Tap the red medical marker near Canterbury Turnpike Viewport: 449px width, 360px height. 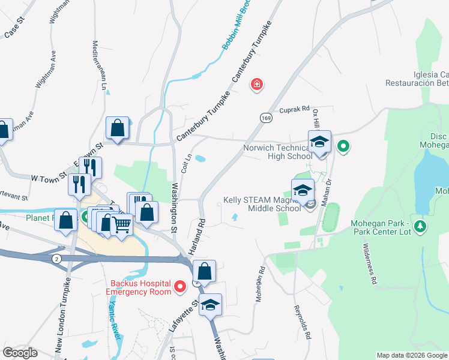(257, 84)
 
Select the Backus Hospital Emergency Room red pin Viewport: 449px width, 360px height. (179, 289)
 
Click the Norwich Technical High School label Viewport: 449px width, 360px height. (278, 152)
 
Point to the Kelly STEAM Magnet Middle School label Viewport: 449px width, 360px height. (262, 204)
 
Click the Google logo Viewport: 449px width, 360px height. (20, 353)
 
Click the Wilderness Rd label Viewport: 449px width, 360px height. (369, 263)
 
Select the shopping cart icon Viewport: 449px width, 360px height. (122, 226)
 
